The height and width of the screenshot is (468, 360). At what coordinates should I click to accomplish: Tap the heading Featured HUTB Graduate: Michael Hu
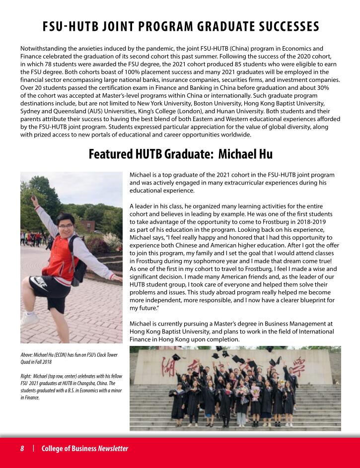tap(180, 154)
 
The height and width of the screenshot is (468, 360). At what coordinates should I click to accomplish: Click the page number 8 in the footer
tap(22, 449)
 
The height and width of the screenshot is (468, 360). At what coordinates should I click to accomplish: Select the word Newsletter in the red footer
tap(113, 449)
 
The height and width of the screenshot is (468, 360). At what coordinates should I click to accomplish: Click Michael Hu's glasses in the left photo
tap(65, 226)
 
